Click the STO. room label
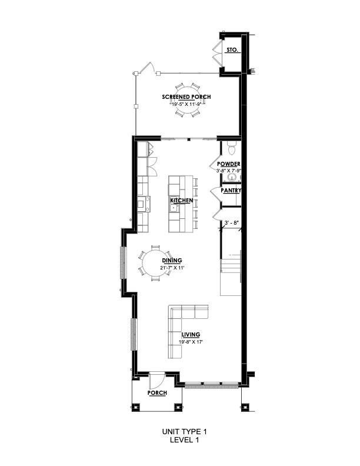coord(232,50)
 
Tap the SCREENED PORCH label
coord(186,96)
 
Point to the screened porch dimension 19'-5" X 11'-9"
coord(186,104)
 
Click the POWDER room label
coord(228,164)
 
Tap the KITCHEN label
coord(182,201)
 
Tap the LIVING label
coord(189,335)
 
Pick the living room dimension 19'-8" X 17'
coord(191,342)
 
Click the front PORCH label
coord(157,392)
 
